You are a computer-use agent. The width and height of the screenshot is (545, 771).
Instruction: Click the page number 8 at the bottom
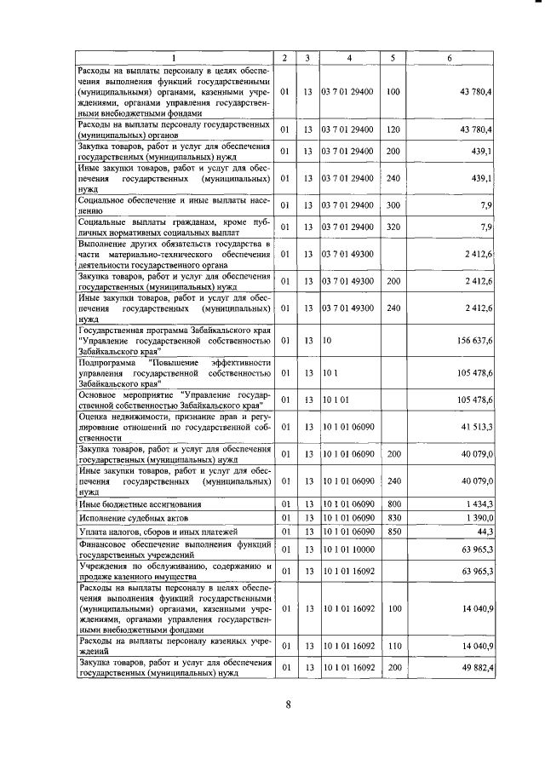tap(288, 704)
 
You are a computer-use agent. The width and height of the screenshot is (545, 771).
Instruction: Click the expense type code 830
tap(393, 518)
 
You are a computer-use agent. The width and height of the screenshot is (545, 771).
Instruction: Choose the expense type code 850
tap(393, 532)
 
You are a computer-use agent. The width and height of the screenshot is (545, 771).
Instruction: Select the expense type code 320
tap(393, 227)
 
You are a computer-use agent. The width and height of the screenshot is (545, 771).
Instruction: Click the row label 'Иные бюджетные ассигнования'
tap(142, 504)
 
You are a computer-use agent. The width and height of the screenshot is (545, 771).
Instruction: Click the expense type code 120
tap(393, 129)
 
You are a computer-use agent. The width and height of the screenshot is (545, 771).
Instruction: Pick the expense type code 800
tap(393, 504)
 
